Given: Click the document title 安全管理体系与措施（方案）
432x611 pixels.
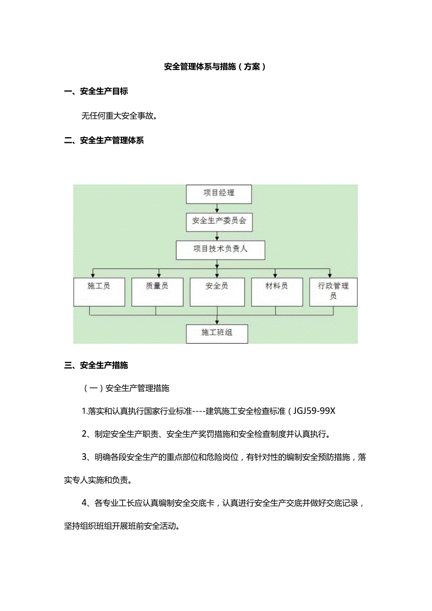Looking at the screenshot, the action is point(216,67).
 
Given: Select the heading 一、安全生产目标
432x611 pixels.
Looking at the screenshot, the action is point(96,92).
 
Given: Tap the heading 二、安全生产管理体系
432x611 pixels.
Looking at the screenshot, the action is point(104,140).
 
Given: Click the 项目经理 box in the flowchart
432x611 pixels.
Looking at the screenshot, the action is point(219,193).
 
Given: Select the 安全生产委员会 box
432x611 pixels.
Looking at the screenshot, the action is point(219,221).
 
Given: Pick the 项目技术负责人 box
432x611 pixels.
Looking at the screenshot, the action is point(220,250).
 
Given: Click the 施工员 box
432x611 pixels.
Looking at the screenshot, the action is point(99,292).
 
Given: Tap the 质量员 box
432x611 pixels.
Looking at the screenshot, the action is point(157,292).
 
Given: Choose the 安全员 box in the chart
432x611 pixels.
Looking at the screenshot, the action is point(217,292).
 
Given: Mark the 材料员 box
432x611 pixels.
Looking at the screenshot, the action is point(277,292).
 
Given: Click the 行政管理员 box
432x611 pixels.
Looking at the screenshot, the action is point(333,292).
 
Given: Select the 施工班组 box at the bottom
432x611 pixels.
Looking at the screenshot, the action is point(217,333).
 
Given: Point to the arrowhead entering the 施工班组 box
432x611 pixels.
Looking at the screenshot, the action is point(217,322).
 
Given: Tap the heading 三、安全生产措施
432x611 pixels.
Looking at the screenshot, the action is point(96,365).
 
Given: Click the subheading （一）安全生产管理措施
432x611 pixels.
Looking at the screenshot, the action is point(126,388).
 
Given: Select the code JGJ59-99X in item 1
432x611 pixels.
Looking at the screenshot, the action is point(315,411).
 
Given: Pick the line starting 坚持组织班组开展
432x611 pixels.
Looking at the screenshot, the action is point(123,526).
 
